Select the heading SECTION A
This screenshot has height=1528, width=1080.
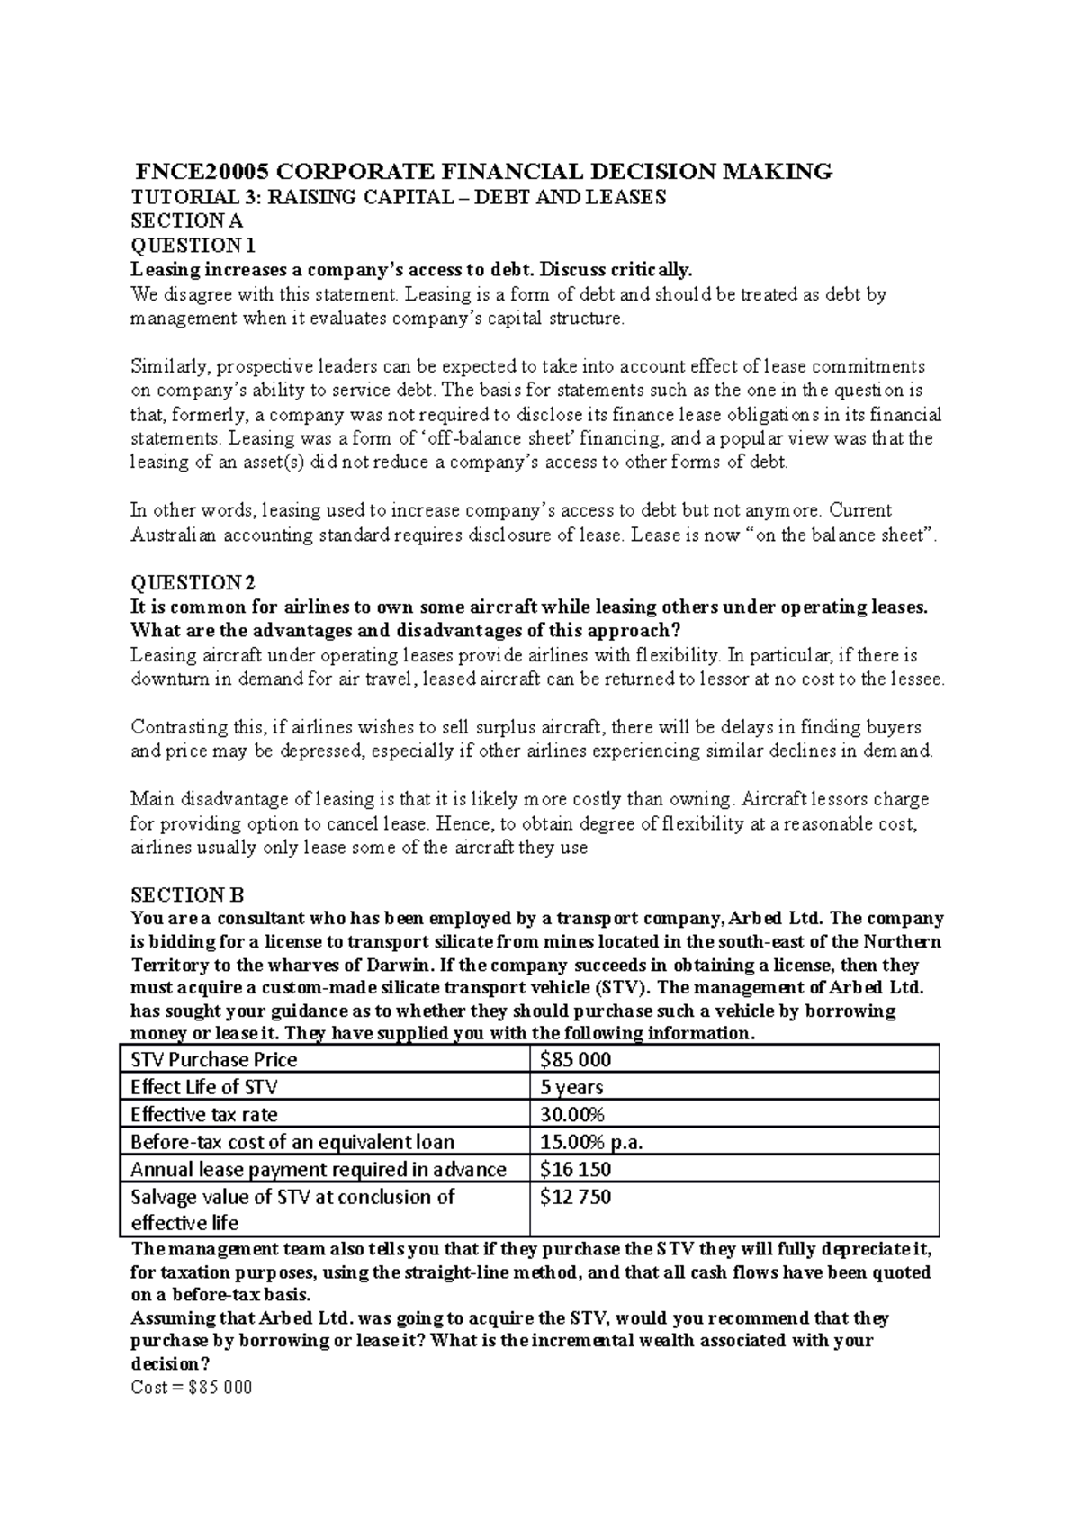[x=187, y=220]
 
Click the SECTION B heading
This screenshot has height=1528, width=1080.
[x=187, y=894]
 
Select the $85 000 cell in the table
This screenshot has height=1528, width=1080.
[x=575, y=1059]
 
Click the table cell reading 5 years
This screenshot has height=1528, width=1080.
[x=571, y=1087]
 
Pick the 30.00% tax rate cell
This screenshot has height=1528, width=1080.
[x=572, y=1114]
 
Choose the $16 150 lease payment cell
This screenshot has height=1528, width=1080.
[x=575, y=1169]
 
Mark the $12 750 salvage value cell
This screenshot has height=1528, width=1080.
[x=575, y=1197]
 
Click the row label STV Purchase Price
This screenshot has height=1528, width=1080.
[x=214, y=1059]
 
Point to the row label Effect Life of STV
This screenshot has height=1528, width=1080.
[x=204, y=1087]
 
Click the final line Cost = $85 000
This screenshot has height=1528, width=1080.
[x=192, y=1387]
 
